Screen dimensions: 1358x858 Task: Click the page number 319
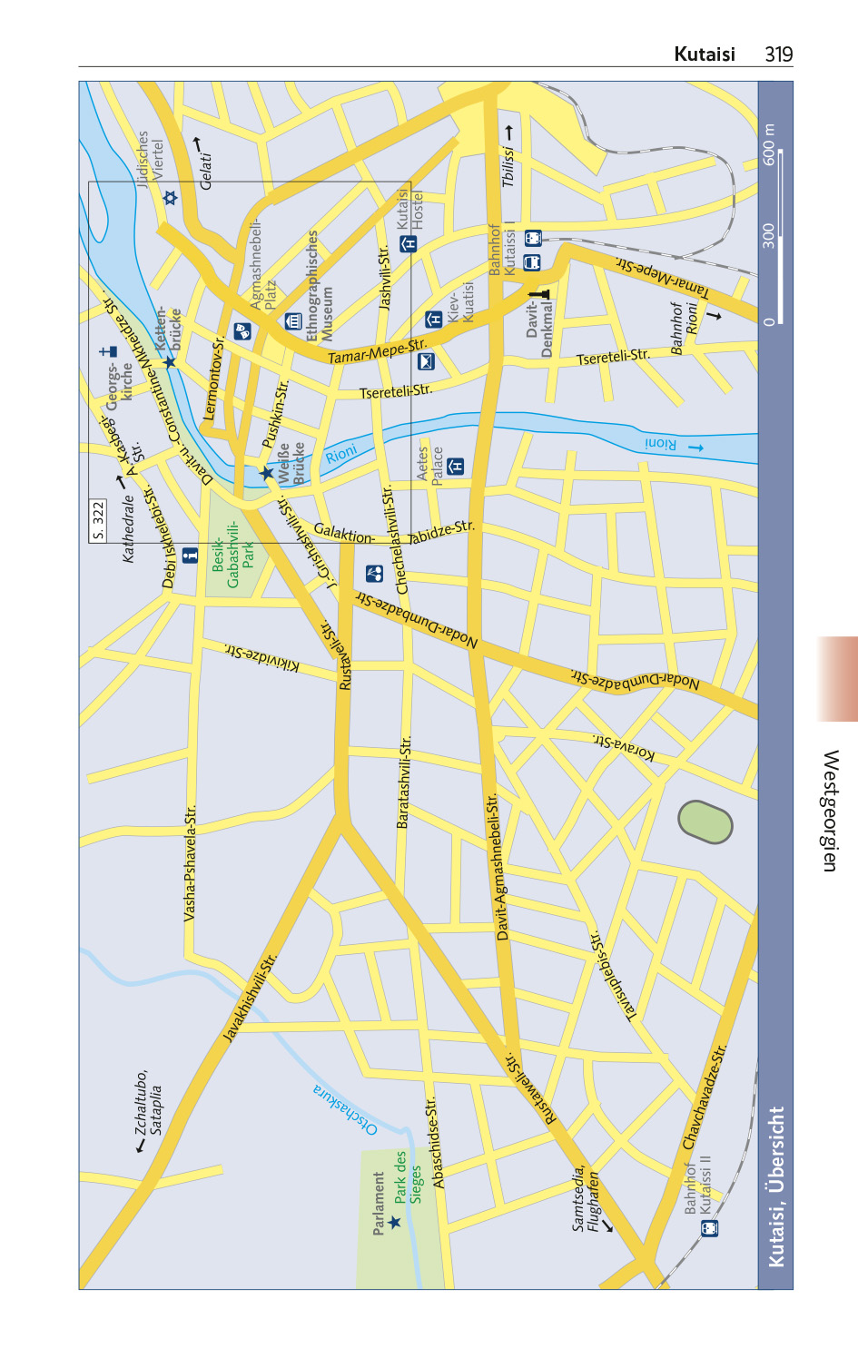(x=778, y=54)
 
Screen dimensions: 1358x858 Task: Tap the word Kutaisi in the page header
(x=704, y=54)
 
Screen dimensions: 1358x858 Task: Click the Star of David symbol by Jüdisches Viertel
(x=170, y=197)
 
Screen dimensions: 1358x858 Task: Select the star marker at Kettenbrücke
(x=170, y=362)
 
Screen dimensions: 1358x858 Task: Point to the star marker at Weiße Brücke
(x=266, y=473)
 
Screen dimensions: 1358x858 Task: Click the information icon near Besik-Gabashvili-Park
(x=190, y=556)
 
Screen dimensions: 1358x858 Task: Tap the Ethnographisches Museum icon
(x=293, y=320)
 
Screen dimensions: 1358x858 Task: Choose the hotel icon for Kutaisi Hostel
(x=409, y=243)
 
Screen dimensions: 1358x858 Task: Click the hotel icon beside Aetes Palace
(x=456, y=467)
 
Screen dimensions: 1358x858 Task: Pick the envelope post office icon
(x=426, y=361)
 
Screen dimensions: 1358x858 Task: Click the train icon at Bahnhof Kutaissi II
(x=709, y=1227)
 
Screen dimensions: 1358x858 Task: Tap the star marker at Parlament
(x=394, y=1222)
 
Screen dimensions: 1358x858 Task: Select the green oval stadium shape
(x=705, y=822)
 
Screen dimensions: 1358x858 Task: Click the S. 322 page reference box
(x=98, y=520)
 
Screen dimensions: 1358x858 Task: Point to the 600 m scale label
(x=770, y=145)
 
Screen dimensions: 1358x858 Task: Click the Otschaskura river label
(x=345, y=1109)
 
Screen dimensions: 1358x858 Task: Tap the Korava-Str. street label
(x=624, y=745)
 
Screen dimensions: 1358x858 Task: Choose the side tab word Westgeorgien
(x=830, y=810)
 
